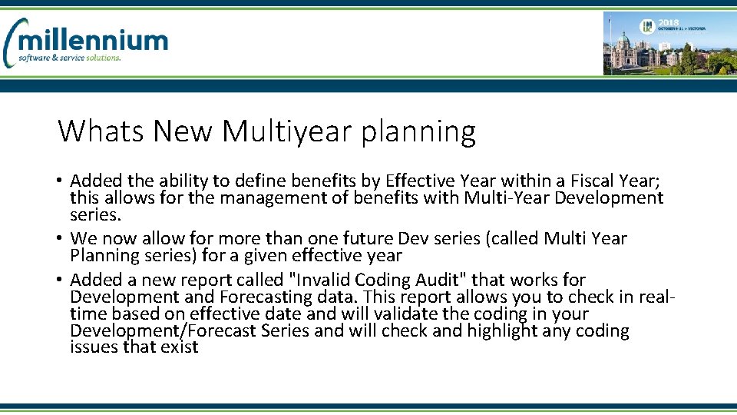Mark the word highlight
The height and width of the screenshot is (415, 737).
(510, 331)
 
